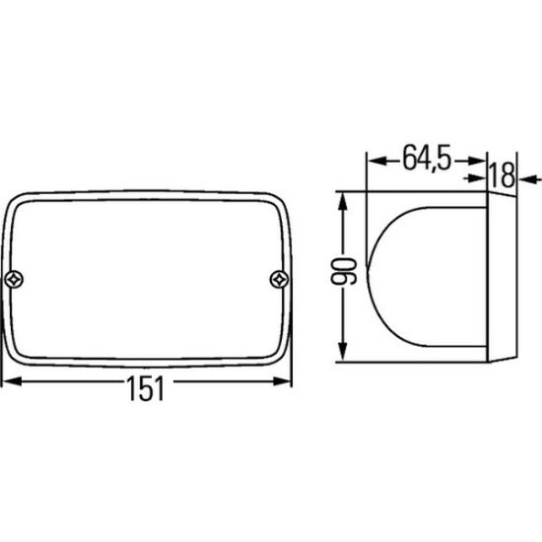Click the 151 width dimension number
coord(146,388)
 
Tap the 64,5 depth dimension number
coord(428,158)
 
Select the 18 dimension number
coord(503,174)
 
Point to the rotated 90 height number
coord(343,271)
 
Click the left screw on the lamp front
coord(15,279)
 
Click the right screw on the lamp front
coord(279,279)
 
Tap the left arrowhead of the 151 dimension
coord(12,381)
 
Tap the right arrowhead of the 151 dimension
coord(282,381)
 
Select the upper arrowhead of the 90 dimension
coord(342,201)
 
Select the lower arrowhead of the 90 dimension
coord(342,351)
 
